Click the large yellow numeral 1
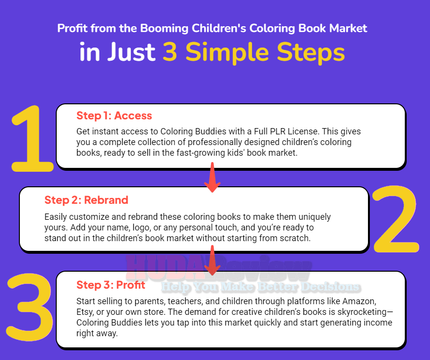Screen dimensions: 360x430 point(32,139)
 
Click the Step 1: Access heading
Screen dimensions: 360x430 point(114,116)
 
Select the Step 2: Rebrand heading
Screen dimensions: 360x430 point(86,200)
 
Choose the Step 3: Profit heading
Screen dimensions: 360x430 point(111,285)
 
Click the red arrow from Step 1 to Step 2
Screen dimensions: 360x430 point(212,178)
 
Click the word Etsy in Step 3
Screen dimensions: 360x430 point(84,312)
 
